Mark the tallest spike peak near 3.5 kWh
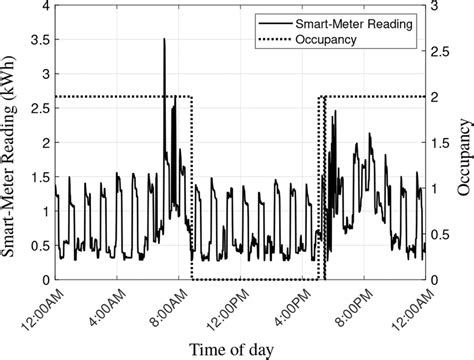(x=164, y=40)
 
